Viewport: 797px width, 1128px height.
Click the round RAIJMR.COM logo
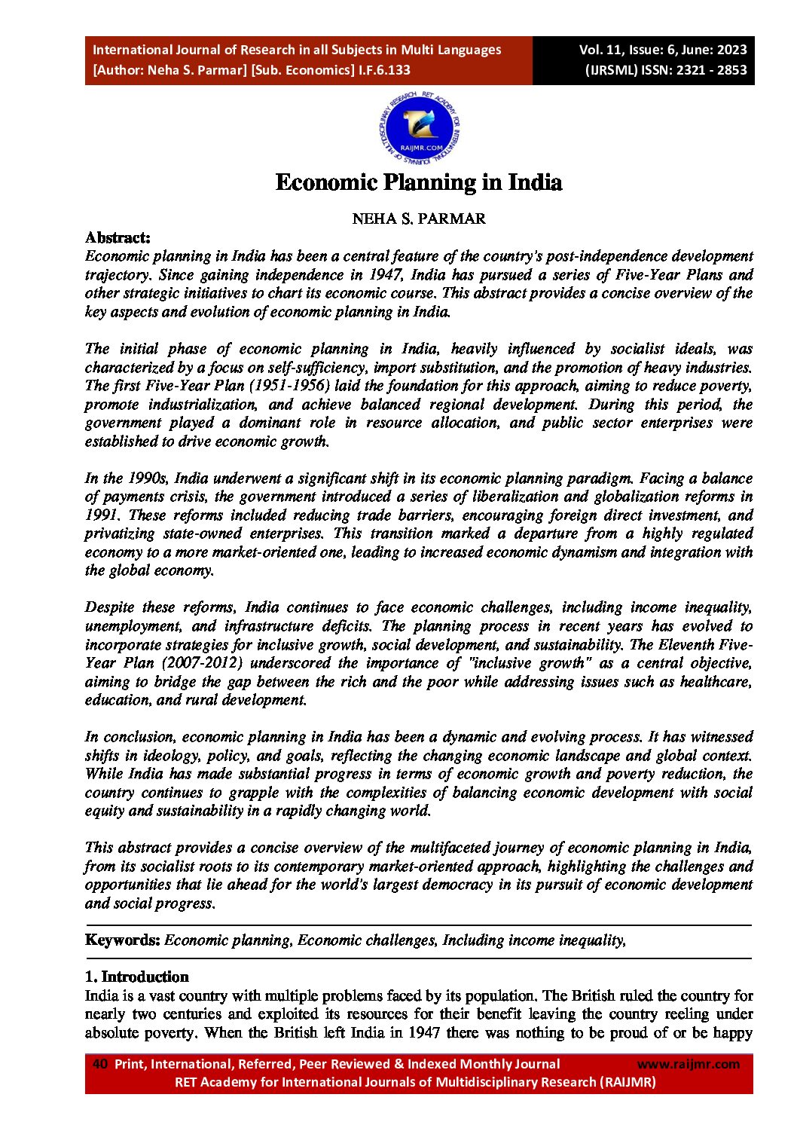420,130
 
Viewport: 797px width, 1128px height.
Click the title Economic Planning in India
418,183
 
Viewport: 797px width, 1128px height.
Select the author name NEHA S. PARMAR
419,219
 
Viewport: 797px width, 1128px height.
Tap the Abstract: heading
118,238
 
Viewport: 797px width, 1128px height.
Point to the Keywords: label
123,940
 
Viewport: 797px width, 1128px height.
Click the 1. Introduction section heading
136,977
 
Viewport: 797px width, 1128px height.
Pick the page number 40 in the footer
99,1064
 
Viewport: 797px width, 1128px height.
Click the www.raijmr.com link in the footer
689,1064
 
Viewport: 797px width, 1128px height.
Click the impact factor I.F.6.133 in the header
384,70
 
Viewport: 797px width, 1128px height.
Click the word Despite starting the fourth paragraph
110,607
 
